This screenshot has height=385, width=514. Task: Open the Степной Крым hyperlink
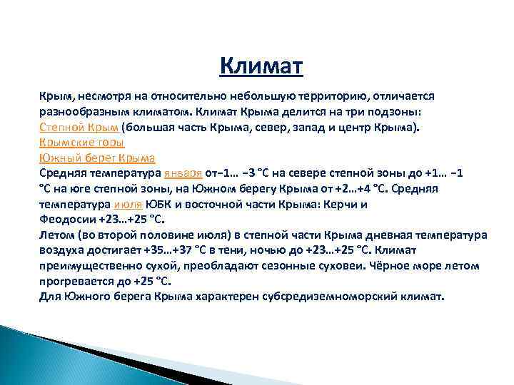coord(79,128)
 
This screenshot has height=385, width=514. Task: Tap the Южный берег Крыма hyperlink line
coord(97,158)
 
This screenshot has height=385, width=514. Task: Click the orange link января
coord(183,173)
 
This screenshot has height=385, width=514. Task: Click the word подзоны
coord(398,112)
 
